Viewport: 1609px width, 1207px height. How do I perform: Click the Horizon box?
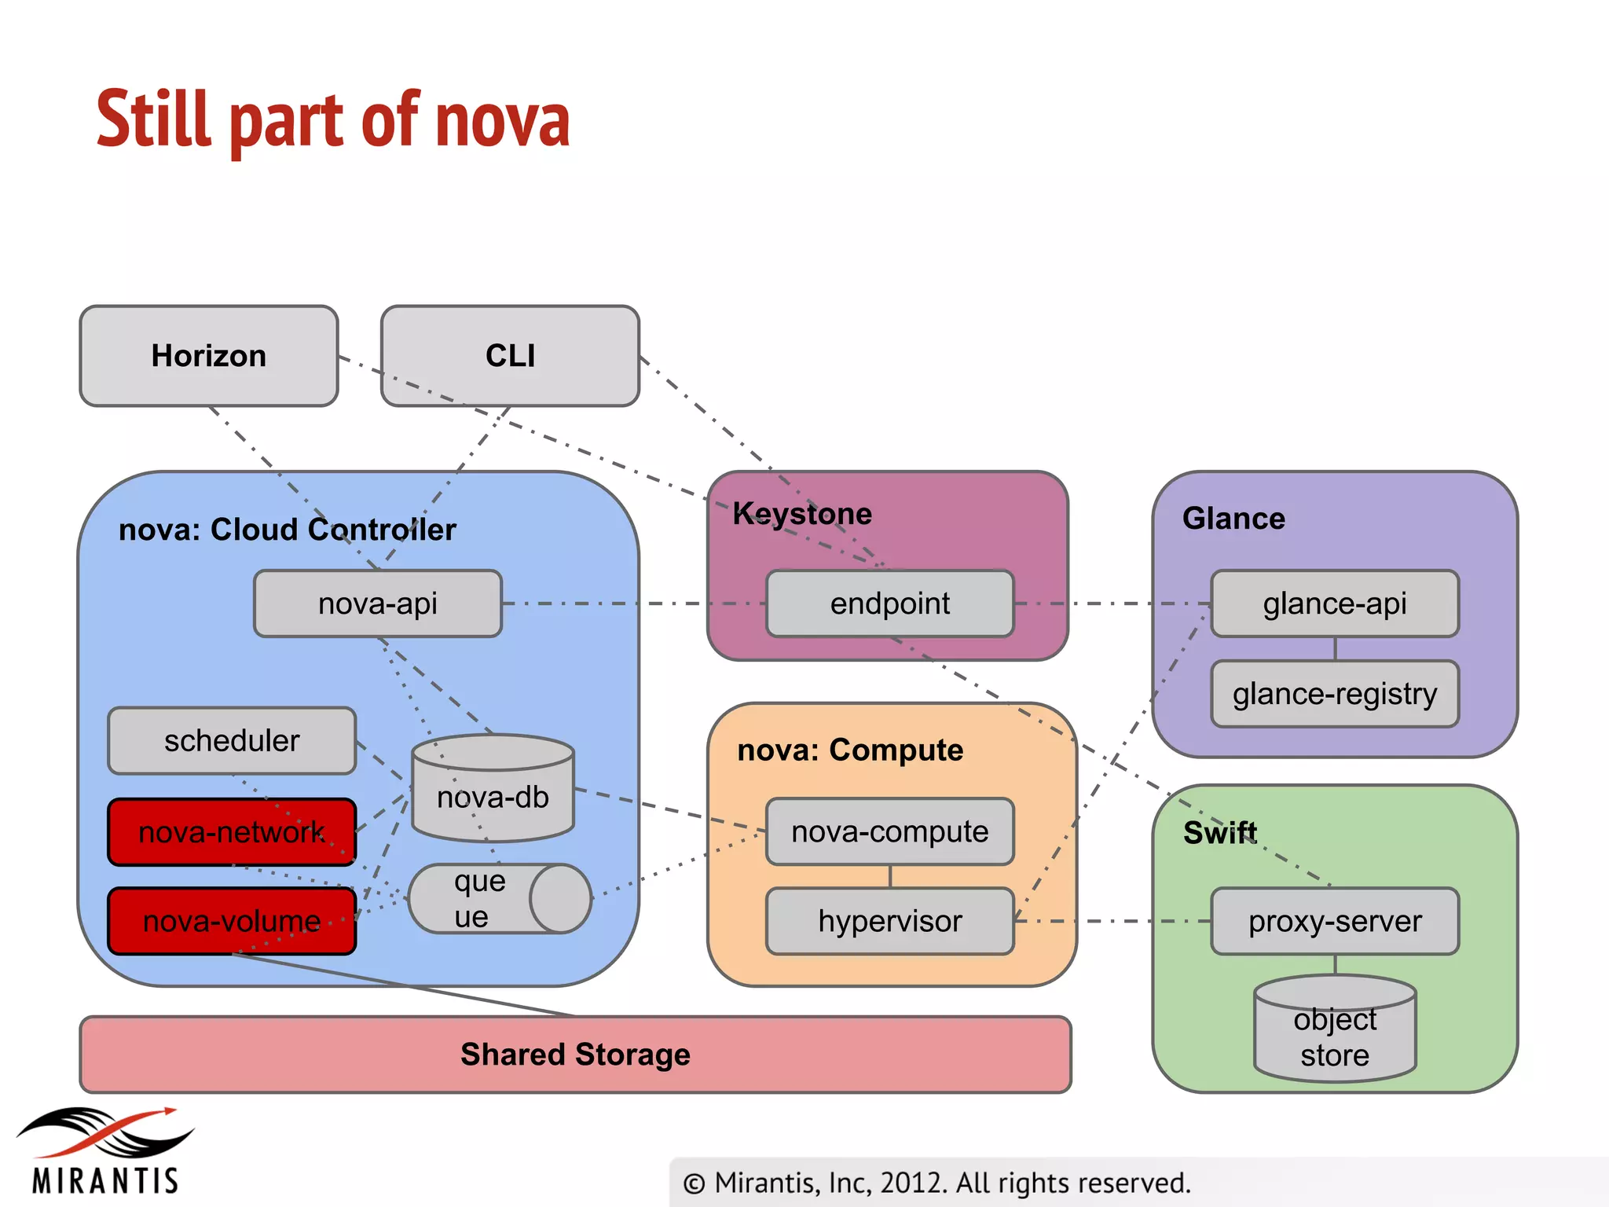point(209,356)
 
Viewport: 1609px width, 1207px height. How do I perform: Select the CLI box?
point(510,356)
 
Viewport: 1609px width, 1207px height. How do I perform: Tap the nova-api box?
point(378,603)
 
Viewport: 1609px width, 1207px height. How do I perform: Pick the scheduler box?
point(232,740)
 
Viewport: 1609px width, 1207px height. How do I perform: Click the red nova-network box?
point(232,832)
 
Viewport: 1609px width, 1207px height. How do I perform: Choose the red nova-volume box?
point(232,921)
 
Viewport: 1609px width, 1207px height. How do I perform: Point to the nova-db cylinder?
point(493,794)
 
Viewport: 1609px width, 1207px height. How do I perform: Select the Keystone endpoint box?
point(890,603)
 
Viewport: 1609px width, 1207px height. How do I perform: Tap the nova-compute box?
point(890,831)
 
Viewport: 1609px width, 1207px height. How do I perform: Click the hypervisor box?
point(890,921)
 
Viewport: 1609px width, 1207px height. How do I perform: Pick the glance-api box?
point(1335,603)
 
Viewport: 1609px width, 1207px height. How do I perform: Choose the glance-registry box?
point(1335,694)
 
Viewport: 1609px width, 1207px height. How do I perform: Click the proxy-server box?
point(1335,921)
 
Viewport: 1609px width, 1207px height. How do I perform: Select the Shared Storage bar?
point(575,1055)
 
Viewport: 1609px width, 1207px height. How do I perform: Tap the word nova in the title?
point(503,122)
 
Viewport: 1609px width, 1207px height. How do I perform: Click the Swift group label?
point(1220,832)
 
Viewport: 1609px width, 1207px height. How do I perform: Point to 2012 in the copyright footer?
point(914,1183)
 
